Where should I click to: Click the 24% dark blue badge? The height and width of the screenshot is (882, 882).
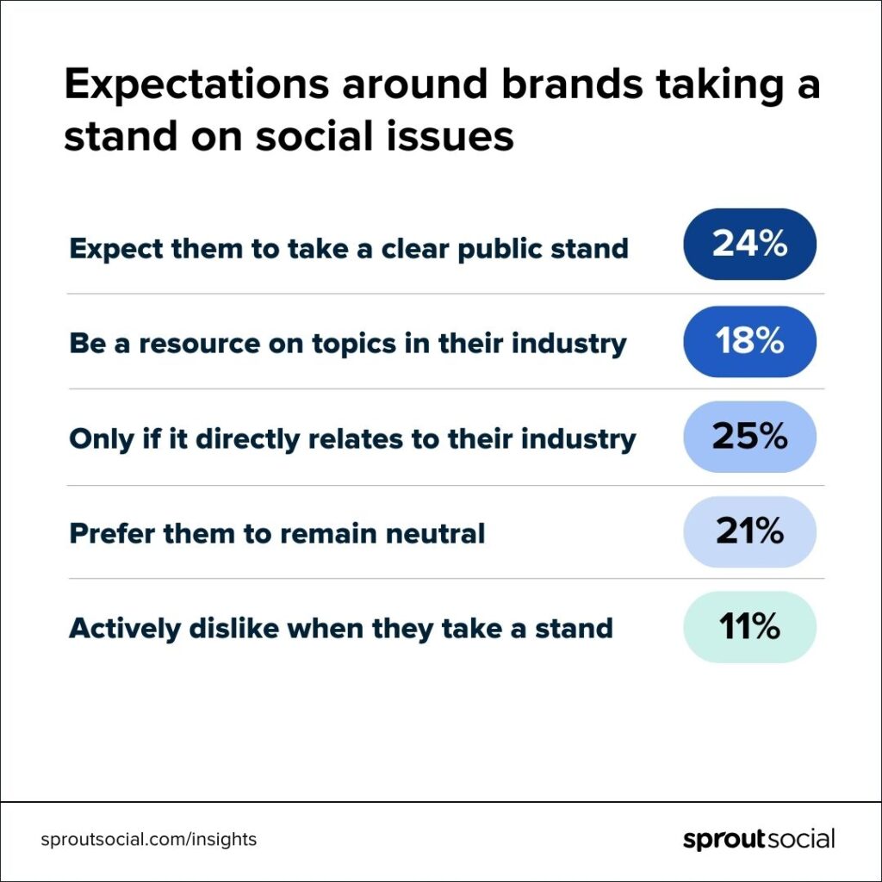point(749,245)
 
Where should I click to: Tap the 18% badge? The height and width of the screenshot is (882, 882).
point(749,342)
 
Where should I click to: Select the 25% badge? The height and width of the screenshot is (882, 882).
point(749,437)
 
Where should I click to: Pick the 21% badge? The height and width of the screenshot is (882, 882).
point(749,531)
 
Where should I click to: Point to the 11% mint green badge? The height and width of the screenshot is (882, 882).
point(749,627)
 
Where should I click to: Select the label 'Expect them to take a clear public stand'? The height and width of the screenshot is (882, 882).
point(349,249)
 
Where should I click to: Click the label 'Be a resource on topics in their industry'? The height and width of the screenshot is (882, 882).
point(348,344)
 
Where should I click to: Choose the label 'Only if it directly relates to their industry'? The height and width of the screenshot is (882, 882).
point(352,439)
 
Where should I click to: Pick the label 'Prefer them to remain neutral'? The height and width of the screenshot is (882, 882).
point(277,533)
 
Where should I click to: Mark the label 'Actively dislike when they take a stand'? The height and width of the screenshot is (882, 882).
point(341,628)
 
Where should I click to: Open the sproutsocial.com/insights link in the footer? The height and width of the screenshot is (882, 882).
point(149,839)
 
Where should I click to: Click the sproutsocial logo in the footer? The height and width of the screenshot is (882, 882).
point(759,839)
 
